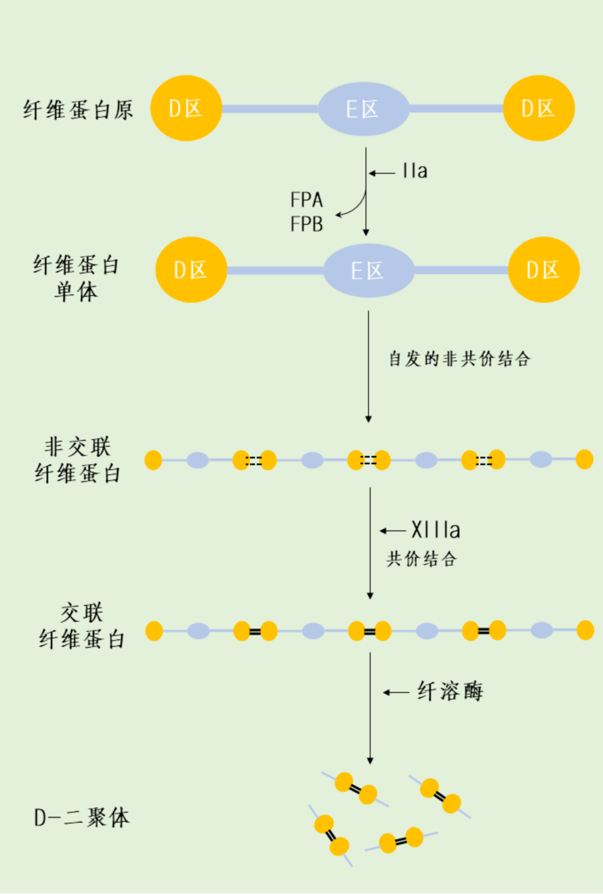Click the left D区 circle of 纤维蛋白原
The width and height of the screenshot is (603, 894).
pyautogui.click(x=185, y=108)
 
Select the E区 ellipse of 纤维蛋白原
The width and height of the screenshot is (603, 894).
pyautogui.click(x=363, y=108)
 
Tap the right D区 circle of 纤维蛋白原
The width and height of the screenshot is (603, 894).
pyautogui.click(x=539, y=108)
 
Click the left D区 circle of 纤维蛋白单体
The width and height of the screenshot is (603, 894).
pyautogui.click(x=191, y=270)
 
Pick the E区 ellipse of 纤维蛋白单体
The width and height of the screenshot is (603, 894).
pyautogui.click(x=368, y=270)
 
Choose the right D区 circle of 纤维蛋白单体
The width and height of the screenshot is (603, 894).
pyautogui.click(x=543, y=270)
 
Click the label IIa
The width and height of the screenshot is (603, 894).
pyautogui.click(x=415, y=171)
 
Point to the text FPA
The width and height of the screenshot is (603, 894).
pyautogui.click(x=307, y=200)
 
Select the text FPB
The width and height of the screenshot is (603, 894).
pyautogui.click(x=307, y=224)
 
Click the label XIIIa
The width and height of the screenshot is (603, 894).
pyautogui.click(x=436, y=530)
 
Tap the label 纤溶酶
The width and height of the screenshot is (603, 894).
pyautogui.click(x=450, y=691)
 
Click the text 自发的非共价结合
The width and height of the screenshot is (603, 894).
pyautogui.click(x=460, y=359)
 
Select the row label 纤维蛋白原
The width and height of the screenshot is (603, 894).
pyautogui.click(x=78, y=110)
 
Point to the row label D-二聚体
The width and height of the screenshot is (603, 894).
pyautogui.click(x=82, y=818)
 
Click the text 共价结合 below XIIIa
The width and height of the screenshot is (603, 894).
pyautogui.click(x=422, y=558)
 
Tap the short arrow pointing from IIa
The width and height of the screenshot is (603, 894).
pyautogui.click(x=382, y=173)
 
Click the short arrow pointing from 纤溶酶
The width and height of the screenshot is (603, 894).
pyautogui.click(x=396, y=692)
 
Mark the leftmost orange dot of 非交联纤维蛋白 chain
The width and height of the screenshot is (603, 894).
pyautogui.click(x=153, y=460)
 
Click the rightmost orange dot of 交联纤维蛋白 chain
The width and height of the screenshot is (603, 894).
pyautogui.click(x=585, y=630)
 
